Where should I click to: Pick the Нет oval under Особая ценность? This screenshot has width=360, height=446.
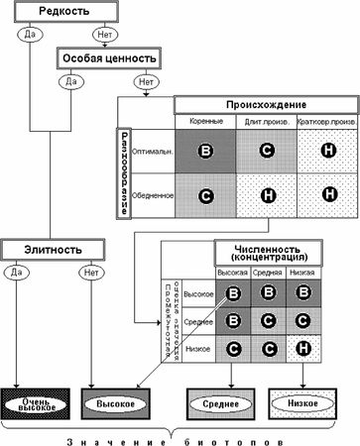click(x=148, y=80)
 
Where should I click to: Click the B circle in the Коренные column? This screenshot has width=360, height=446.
click(x=205, y=152)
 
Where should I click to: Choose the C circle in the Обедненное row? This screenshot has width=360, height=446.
click(x=205, y=195)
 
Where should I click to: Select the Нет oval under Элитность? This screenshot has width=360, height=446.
click(x=91, y=268)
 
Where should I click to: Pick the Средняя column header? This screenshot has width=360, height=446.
click(x=266, y=272)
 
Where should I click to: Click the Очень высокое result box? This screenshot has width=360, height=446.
click(x=40, y=404)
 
